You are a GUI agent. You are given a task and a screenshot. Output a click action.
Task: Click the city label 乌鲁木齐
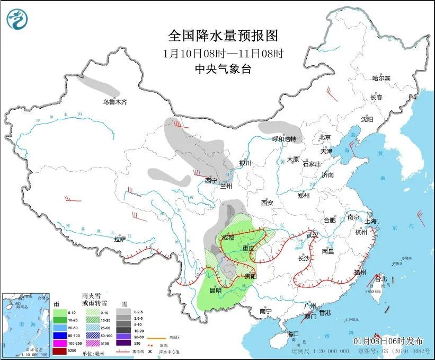click(115, 102)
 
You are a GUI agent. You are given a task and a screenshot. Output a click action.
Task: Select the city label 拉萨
click(120, 239)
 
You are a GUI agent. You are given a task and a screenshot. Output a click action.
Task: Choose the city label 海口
click(293, 334)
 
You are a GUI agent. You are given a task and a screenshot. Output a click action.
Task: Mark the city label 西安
click(267, 203)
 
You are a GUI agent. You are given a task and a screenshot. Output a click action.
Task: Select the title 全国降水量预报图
click(223, 36)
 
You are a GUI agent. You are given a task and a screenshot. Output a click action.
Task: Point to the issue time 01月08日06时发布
click(388, 340)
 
